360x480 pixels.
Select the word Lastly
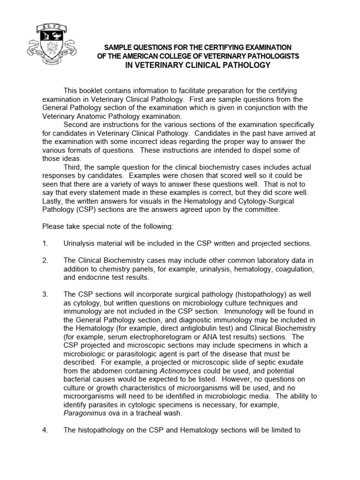point(53,201)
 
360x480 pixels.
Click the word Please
point(53,226)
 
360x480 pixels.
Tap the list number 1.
point(45,243)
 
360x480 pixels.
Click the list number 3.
point(45,294)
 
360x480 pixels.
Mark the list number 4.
point(45,429)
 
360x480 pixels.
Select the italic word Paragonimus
point(83,412)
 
